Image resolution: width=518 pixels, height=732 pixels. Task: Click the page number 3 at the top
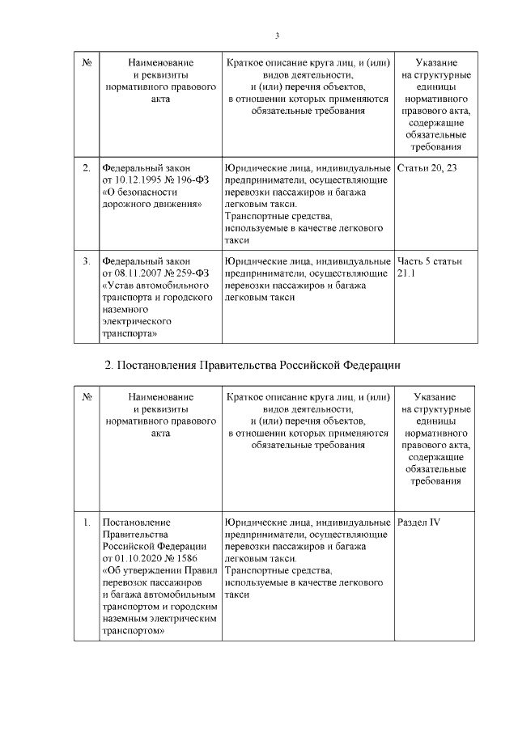coord(277,36)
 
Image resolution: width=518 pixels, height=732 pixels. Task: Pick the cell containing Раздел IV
coord(419,522)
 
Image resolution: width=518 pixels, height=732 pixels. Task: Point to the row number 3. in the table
coord(86,262)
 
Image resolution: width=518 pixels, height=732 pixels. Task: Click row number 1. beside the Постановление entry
coord(86,522)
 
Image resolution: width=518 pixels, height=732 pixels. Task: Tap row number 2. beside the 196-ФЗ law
coord(86,167)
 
